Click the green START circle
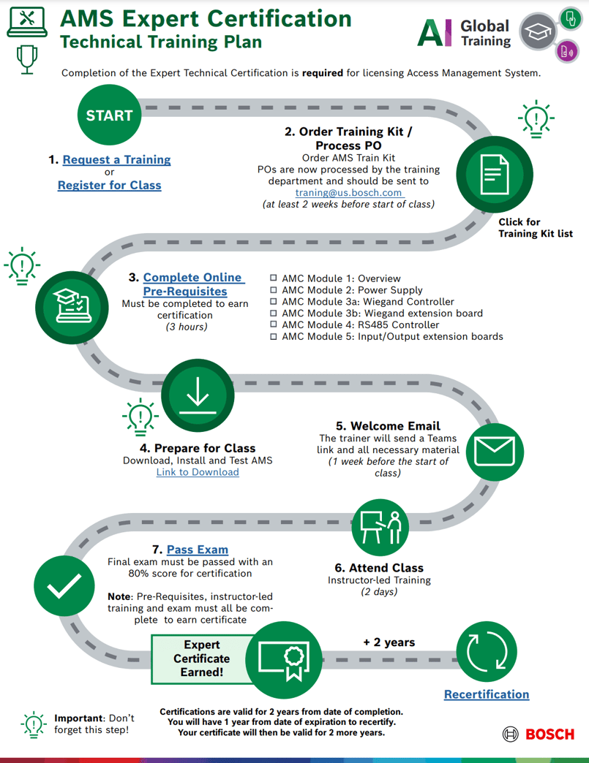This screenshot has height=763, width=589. click(109, 115)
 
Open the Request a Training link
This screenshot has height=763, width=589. click(116, 159)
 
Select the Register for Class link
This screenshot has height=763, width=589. click(109, 185)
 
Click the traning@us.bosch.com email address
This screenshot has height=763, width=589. click(349, 193)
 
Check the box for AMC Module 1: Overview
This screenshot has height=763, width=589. click(274, 278)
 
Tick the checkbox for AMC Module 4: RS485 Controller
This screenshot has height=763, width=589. click(274, 325)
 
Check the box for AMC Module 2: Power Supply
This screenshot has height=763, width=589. click(274, 290)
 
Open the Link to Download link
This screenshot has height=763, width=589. click(198, 472)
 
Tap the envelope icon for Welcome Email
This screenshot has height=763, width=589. click(495, 451)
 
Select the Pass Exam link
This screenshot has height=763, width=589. click(198, 550)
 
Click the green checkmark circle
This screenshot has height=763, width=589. click(64, 586)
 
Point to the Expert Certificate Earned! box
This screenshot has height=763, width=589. click(200, 658)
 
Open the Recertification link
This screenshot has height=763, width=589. click(487, 694)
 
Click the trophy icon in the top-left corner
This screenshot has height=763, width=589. click(27, 59)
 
